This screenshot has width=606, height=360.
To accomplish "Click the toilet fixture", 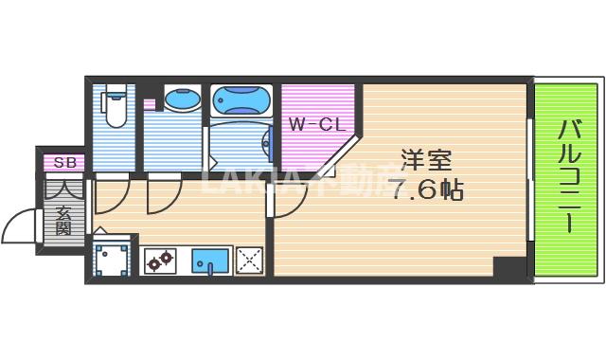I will point(116,107).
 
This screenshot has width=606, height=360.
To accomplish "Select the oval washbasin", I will point(179,99).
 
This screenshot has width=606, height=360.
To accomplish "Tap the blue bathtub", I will point(242,99).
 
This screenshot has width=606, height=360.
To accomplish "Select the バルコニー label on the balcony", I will point(569,179).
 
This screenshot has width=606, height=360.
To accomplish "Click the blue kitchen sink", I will point(209,259).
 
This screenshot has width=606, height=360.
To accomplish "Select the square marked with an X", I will point(249,260).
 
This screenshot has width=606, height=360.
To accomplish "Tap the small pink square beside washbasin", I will point(150,104).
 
